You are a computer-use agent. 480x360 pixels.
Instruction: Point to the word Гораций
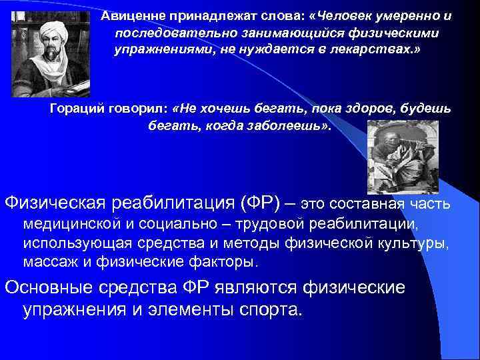[75, 109]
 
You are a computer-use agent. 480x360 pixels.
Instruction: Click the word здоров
[381, 109]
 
